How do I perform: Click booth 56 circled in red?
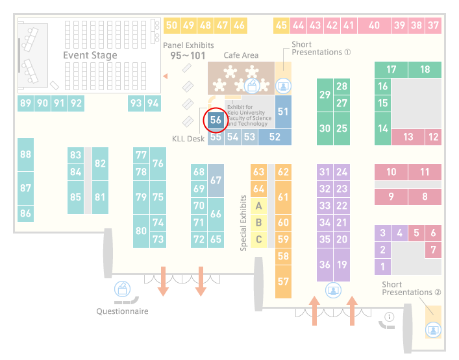(x=216, y=120)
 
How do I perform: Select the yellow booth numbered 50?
(x=171, y=25)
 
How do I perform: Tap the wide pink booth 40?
(x=374, y=25)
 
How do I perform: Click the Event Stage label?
(x=90, y=55)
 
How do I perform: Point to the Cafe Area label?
(x=241, y=55)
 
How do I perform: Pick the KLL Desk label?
(x=188, y=139)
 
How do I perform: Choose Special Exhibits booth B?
(x=259, y=222)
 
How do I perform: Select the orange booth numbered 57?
(x=283, y=282)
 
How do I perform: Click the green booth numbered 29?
(x=325, y=95)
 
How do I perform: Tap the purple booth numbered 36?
(x=325, y=265)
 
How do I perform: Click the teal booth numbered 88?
(x=25, y=154)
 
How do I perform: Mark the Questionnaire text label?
(x=122, y=311)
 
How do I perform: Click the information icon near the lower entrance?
(x=390, y=317)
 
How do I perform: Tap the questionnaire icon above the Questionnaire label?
(x=122, y=289)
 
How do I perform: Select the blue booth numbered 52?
(x=275, y=137)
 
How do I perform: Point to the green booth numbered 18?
(x=425, y=69)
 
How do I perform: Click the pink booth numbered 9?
(x=391, y=197)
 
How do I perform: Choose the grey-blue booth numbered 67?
(x=216, y=180)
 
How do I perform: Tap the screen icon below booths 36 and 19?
(x=333, y=291)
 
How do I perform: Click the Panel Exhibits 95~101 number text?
(x=188, y=56)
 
